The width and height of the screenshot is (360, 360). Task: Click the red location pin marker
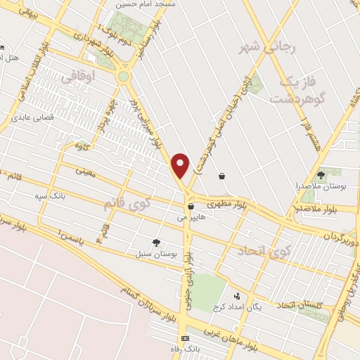click(x=181, y=165)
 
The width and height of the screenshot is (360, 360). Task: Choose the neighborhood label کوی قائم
click(x=128, y=205)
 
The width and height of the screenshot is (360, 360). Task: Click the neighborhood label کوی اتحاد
click(x=263, y=250)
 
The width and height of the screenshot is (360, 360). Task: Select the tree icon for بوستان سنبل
click(x=156, y=243)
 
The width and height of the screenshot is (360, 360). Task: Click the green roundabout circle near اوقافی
click(x=124, y=76)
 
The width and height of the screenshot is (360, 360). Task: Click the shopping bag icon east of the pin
click(x=222, y=176)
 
